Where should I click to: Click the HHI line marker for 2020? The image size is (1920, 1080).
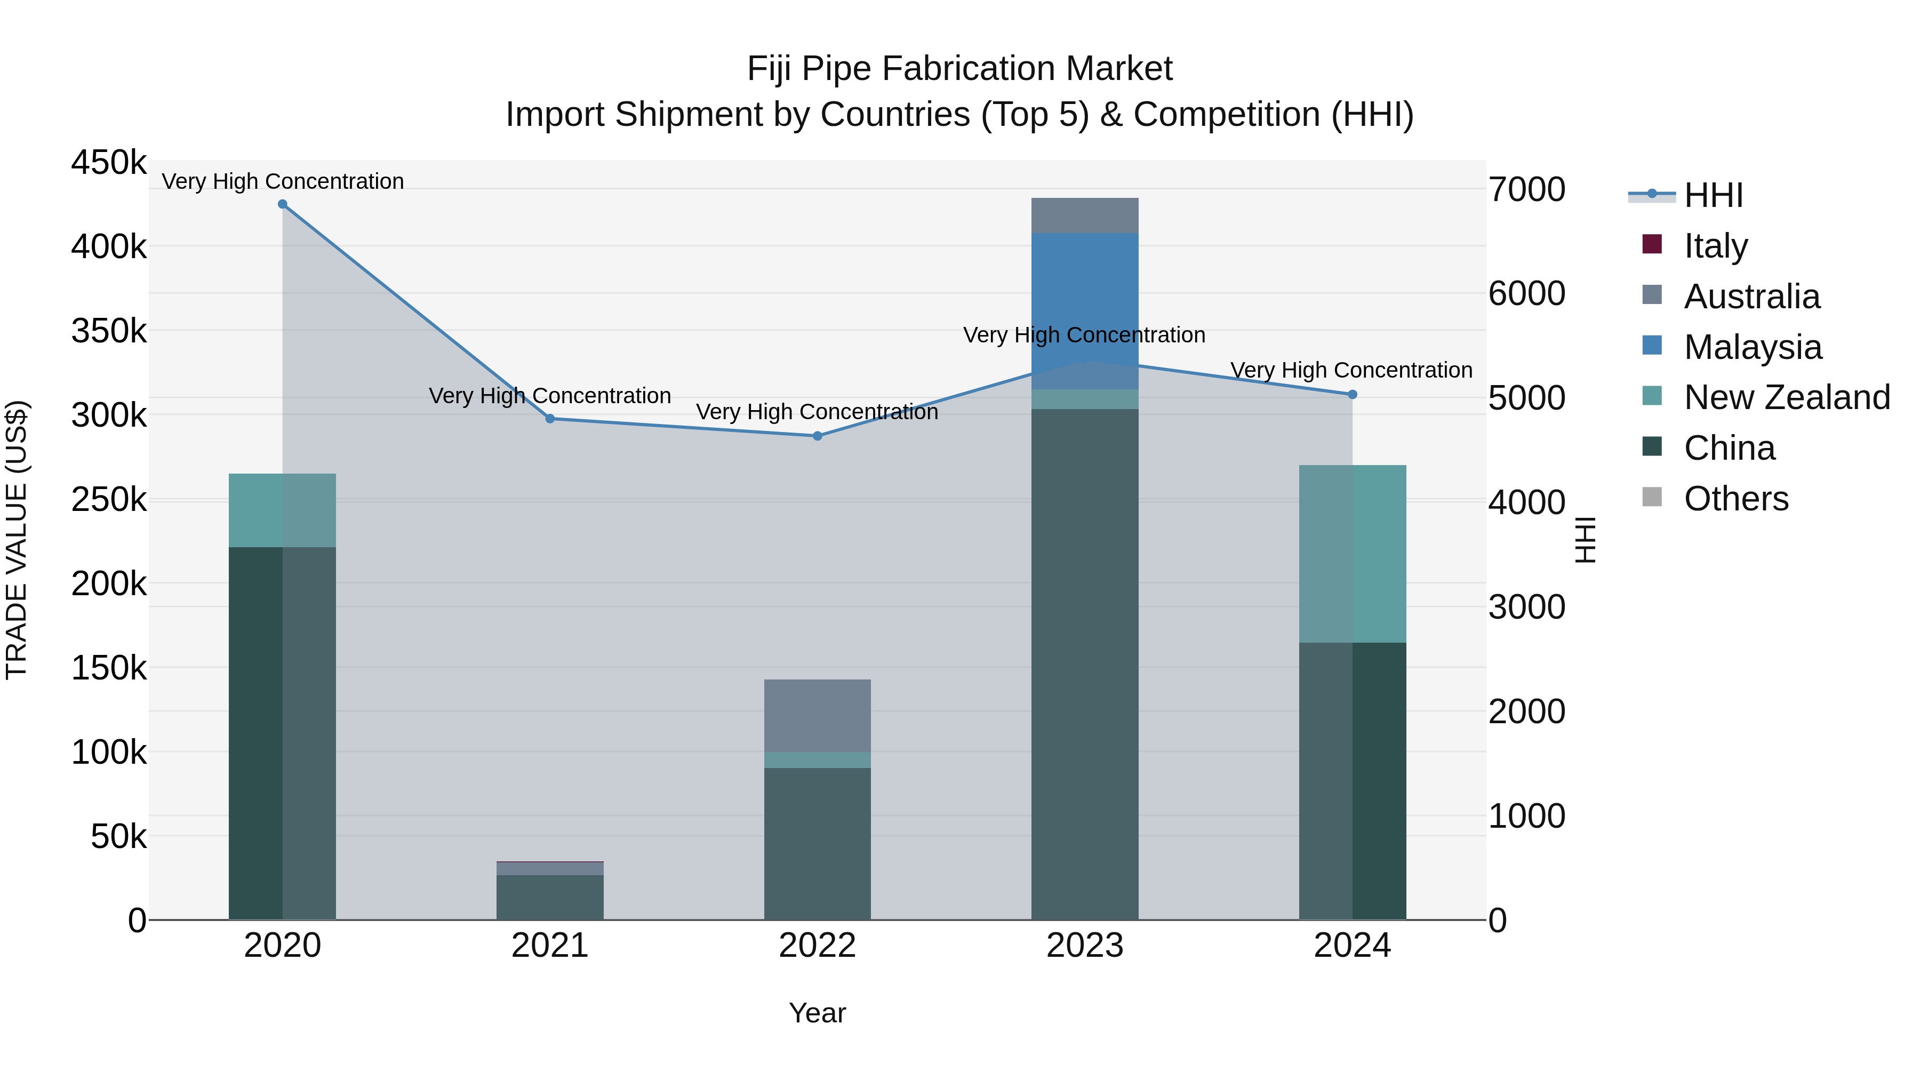(x=283, y=204)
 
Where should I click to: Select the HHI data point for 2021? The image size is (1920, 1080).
(x=550, y=419)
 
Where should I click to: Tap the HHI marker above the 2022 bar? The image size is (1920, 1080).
(x=818, y=436)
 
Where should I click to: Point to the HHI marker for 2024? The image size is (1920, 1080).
(x=1353, y=394)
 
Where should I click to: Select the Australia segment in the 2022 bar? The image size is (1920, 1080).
(x=818, y=716)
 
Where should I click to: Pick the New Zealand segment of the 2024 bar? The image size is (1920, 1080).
(x=1353, y=554)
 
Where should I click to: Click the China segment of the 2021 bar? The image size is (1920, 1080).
(x=550, y=898)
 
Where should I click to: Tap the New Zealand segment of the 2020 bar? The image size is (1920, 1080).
(x=283, y=510)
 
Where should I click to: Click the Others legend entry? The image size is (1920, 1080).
(x=1735, y=499)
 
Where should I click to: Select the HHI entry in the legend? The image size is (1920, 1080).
(x=1713, y=195)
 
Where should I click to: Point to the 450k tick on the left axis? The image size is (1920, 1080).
(x=109, y=163)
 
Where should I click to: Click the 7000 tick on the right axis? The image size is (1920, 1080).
(x=1526, y=189)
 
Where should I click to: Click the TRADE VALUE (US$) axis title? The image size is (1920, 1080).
(x=17, y=540)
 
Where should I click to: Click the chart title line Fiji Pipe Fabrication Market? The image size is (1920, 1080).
(x=959, y=69)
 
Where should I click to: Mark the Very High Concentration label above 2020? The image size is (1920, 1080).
(x=283, y=181)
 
